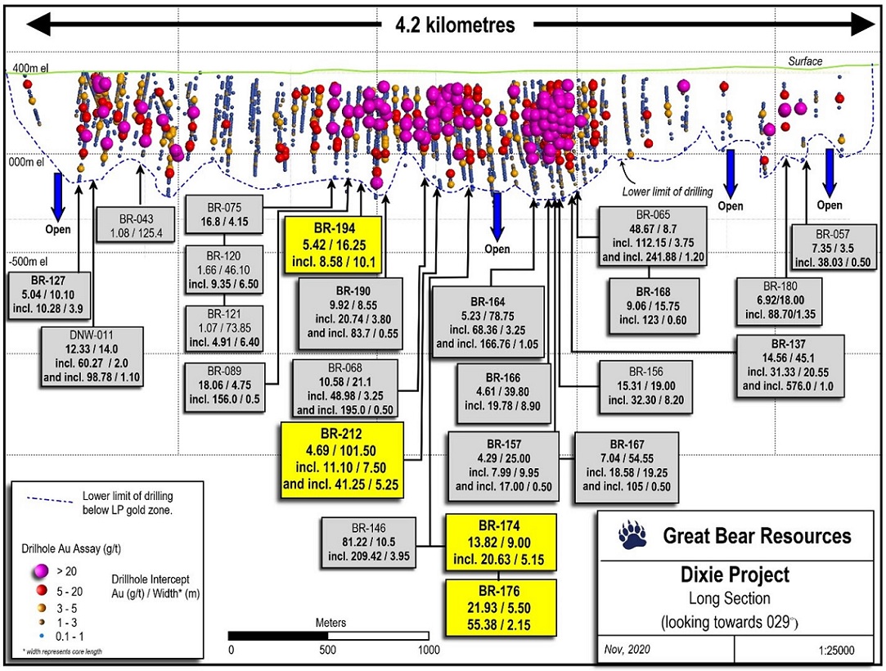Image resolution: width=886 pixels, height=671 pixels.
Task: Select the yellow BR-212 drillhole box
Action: click(343, 460)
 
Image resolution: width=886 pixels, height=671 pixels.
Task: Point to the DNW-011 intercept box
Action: click(92, 356)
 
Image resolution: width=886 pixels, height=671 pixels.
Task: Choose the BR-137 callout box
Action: click(790, 365)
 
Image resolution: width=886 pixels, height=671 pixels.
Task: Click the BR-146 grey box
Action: click(368, 542)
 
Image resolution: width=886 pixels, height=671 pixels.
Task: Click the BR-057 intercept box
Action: click(833, 248)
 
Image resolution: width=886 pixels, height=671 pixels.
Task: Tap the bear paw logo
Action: click(633, 535)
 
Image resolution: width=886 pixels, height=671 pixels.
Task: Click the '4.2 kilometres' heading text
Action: click(455, 25)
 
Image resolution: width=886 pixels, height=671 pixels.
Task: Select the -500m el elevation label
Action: click(29, 262)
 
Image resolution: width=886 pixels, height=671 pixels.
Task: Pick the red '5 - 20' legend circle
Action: click(41, 592)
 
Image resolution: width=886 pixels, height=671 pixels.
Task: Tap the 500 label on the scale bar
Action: click(328, 650)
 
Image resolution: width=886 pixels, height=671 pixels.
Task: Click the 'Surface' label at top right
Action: click(805, 61)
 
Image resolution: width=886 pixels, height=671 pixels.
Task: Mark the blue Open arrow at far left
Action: click(57, 196)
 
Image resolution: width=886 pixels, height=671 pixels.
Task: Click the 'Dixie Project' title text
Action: click(735, 574)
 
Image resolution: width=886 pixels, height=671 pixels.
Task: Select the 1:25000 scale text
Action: click(836, 650)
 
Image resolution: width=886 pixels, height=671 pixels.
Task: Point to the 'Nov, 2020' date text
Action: click(627, 650)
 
